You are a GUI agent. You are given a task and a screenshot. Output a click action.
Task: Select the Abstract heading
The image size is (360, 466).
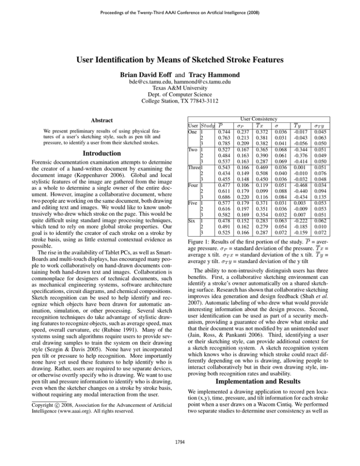coord(89,120)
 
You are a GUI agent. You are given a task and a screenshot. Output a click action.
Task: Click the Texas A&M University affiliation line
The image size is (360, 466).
coord(180,94)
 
